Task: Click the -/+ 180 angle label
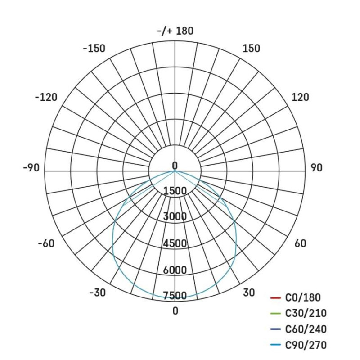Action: pos(175,31)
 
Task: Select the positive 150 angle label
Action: pos(251,49)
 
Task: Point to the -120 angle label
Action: pos(46,97)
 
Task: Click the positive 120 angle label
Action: pos(301,97)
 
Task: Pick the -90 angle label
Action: pos(31,168)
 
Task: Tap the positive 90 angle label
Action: pos(316,168)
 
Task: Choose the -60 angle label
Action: pos(46,243)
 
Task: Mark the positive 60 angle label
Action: pos(300,243)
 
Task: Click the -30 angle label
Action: pos(97,292)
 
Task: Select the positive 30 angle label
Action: pos(249,292)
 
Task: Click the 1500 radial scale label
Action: pos(175,191)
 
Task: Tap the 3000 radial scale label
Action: pos(175,216)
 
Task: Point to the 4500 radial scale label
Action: pos(175,243)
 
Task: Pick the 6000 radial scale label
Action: pos(175,270)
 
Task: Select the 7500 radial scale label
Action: pos(175,296)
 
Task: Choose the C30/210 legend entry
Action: pos(306,314)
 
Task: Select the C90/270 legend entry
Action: pos(306,345)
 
